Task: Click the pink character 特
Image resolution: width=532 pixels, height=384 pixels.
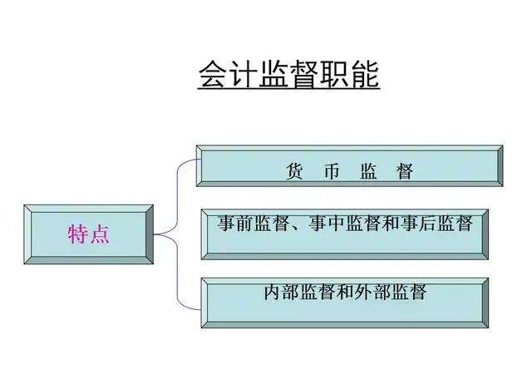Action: pyautogui.click(x=77, y=234)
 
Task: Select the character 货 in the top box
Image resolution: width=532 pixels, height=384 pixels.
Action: pyautogui.click(x=293, y=172)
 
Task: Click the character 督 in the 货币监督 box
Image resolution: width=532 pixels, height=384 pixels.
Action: pyautogui.click(x=405, y=172)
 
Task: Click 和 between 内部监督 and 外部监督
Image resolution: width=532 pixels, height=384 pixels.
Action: pyautogui.click(x=342, y=292)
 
